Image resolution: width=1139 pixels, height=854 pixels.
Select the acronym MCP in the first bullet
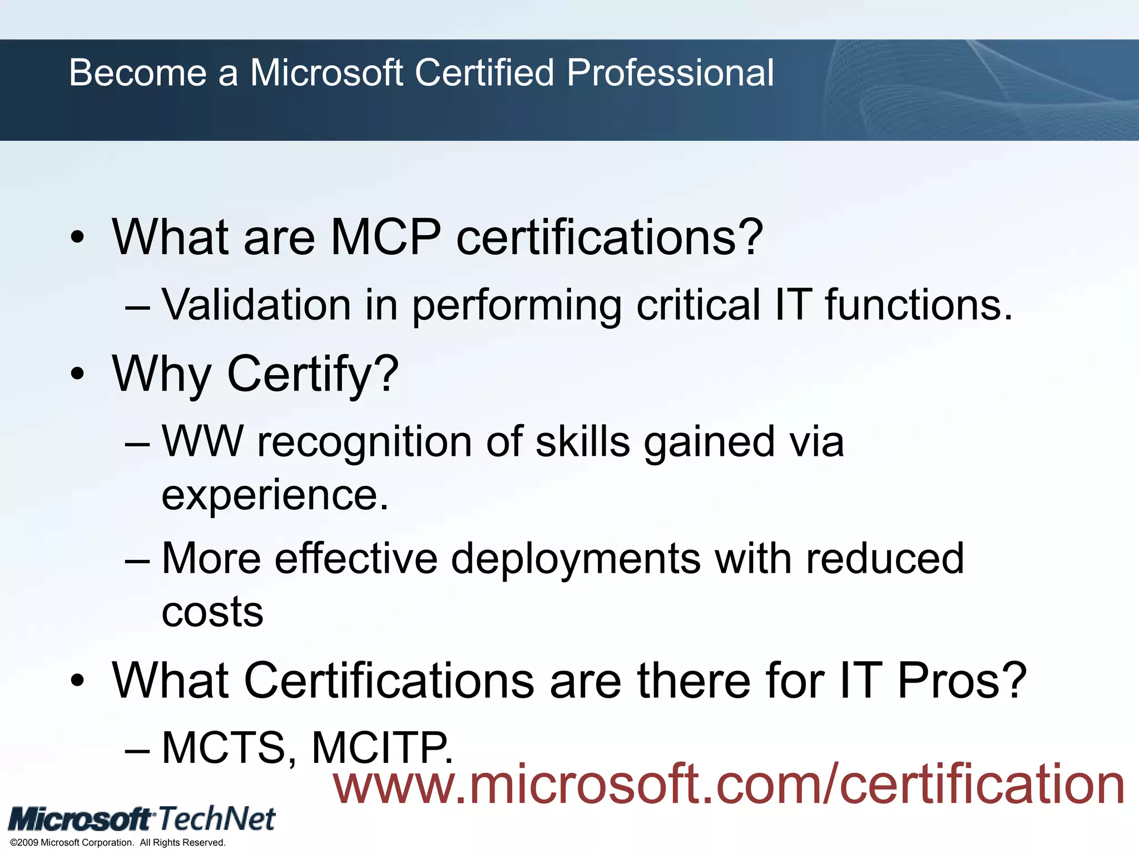click(x=385, y=237)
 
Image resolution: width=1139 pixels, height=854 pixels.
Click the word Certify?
click(x=313, y=374)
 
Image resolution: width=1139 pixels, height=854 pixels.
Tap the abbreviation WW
click(x=202, y=441)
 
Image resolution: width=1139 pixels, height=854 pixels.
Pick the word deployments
click(x=576, y=559)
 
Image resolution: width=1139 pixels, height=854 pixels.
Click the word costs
click(x=212, y=612)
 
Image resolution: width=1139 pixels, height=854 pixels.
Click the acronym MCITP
click(x=382, y=748)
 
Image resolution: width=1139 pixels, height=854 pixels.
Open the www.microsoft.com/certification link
click(x=729, y=784)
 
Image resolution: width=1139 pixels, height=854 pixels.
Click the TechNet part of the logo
click(x=217, y=819)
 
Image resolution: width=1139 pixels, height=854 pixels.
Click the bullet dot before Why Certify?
click(x=78, y=374)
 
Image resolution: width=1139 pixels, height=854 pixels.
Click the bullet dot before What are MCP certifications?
click(x=78, y=238)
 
